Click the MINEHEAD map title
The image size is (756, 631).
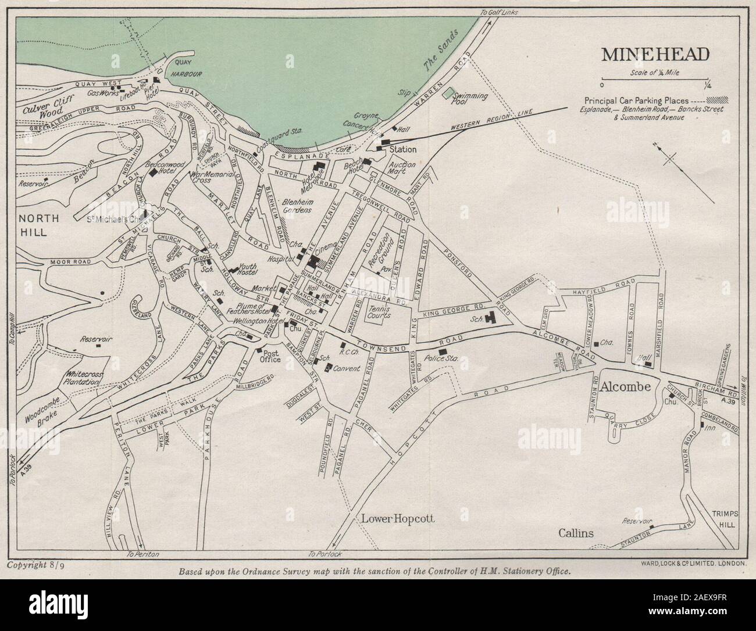(x=655, y=54)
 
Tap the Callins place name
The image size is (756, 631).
(x=576, y=532)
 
